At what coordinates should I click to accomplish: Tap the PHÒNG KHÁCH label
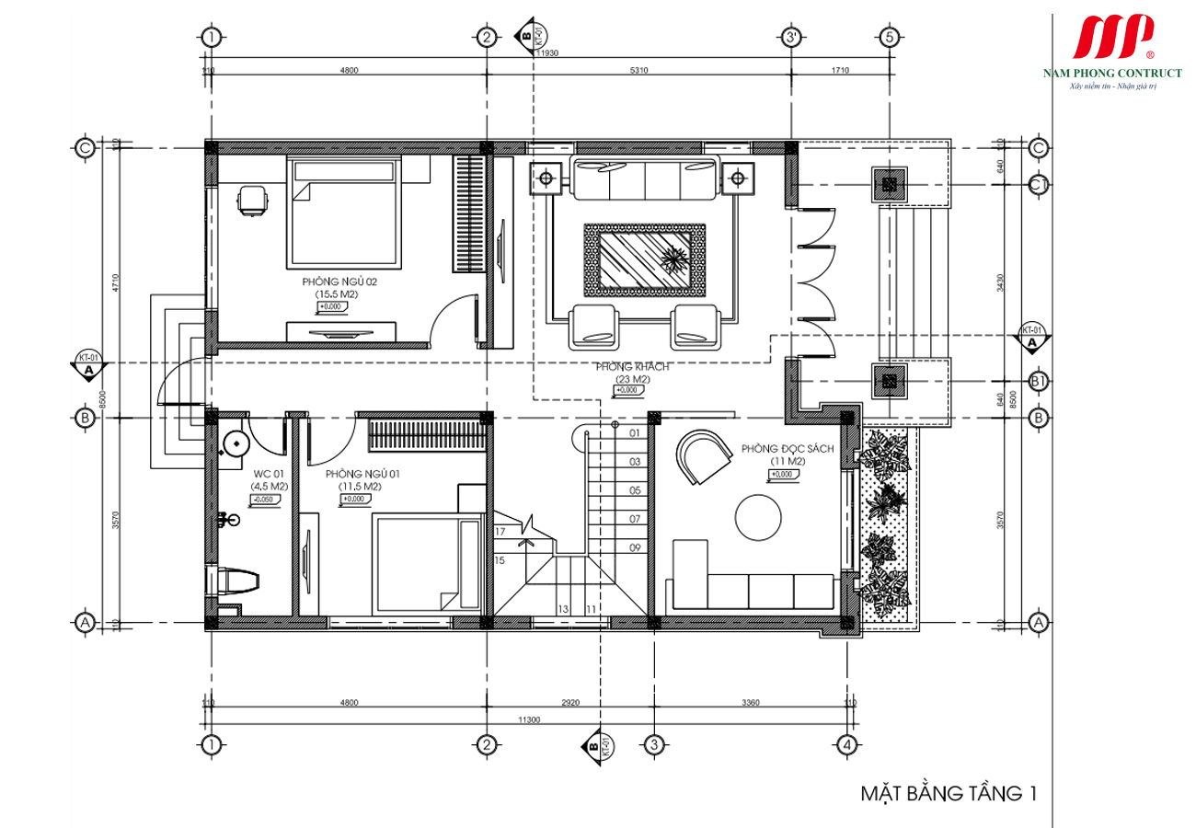[x=631, y=367]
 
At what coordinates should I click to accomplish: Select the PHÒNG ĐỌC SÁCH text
[x=787, y=448]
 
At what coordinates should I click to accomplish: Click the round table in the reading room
[x=760, y=518]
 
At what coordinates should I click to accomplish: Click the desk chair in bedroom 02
[x=252, y=200]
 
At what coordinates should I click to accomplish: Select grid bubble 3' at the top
[x=790, y=37]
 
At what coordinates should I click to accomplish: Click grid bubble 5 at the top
[x=888, y=37]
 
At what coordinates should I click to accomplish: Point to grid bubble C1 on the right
[x=1039, y=184]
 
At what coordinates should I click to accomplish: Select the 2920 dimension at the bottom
[x=569, y=703]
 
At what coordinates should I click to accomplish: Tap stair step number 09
[x=635, y=547]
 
